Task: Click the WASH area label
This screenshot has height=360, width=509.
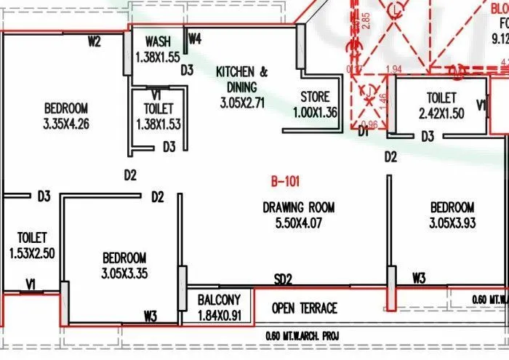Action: coord(158,41)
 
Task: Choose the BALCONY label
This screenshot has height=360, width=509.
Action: coord(219,300)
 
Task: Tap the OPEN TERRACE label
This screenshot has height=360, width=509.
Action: coord(305,308)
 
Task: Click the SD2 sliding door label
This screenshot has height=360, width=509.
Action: coord(283,279)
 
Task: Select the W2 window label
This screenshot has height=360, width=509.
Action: coord(94,41)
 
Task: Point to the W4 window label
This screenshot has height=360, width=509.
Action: coord(194,39)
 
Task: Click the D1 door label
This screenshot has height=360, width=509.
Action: coord(364,132)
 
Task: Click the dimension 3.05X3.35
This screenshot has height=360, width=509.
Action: coord(124,273)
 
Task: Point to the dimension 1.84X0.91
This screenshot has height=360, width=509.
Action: coord(219,316)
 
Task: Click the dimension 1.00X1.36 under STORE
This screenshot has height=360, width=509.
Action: coord(315,112)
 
